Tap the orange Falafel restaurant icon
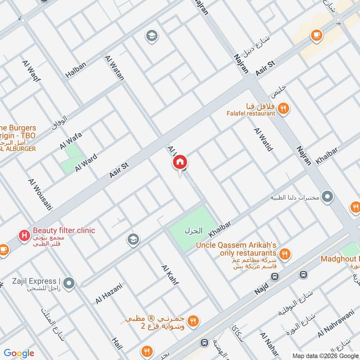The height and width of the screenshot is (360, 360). (283, 108)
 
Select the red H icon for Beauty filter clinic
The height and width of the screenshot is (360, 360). (23, 234)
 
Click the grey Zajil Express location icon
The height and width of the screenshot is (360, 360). (69, 283)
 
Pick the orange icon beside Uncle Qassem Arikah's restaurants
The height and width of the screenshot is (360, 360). (284, 254)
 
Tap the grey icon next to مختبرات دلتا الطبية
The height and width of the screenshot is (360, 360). (328, 197)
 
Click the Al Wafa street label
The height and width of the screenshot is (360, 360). (71, 140)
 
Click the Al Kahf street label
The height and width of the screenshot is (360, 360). (170, 275)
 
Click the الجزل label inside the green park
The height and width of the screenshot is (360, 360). (193, 231)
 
